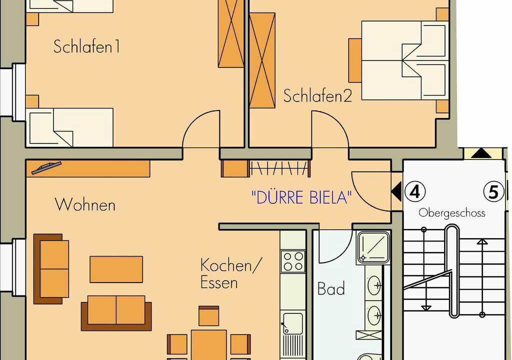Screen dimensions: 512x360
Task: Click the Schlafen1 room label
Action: coord(86,46)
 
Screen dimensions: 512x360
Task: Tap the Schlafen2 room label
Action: coord(317,96)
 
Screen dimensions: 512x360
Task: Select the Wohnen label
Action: coord(85,205)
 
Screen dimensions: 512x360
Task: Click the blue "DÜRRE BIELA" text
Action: coord(301,197)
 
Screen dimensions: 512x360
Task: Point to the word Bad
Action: coord(331,289)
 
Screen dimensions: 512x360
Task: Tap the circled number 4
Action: coord(415,192)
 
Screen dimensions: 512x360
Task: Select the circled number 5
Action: coord(493,192)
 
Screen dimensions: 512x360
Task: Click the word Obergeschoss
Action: coord(451,213)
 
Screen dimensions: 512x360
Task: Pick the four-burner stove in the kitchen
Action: coord(292,261)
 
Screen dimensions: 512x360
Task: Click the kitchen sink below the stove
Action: coord(292,323)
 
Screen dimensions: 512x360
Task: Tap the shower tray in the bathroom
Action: coord(373,247)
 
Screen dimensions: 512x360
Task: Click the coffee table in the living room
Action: coord(116,269)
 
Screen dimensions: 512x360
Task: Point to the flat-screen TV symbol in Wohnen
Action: coord(46,167)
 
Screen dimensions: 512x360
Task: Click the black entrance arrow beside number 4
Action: coord(396,192)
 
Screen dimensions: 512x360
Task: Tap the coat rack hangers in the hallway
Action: coord(279,169)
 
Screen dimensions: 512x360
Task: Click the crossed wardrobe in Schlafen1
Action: coord(231,33)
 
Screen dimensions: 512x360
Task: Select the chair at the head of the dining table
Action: coord(208,316)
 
